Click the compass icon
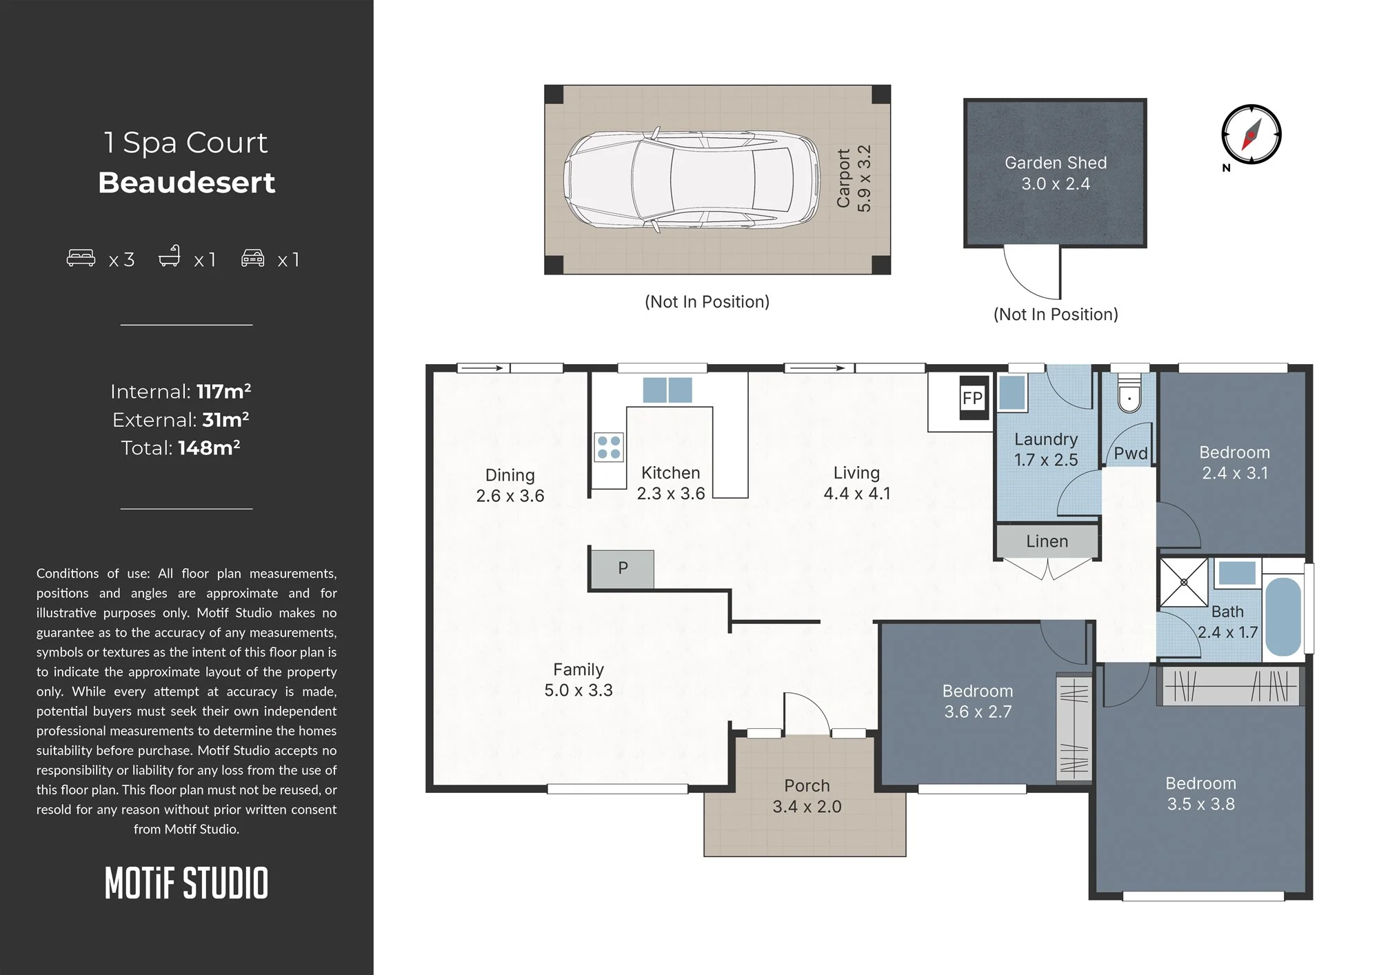[1251, 134]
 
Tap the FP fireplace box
[974, 398]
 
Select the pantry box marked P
[623, 569]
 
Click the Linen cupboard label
[1047, 541]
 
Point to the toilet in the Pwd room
[1129, 394]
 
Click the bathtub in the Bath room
[1283, 616]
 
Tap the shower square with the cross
[1184, 583]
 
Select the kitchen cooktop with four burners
[608, 447]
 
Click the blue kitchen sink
[667, 390]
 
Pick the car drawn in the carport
[692, 179]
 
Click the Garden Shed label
[1056, 163]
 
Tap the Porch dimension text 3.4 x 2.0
[807, 807]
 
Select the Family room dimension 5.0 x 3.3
[578, 690]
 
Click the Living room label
[856, 473]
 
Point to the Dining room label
[510, 475]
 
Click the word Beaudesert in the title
[186, 183]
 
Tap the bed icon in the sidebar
[81, 258]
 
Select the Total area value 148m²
[209, 448]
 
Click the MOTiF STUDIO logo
[186, 883]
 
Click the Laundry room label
[1046, 439]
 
